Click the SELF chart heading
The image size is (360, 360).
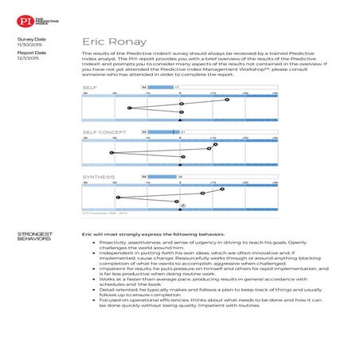point(90,87)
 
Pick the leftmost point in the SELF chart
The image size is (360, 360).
point(128,108)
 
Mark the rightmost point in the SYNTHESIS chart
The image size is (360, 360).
point(222,189)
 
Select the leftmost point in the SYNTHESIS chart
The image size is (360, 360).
point(118,197)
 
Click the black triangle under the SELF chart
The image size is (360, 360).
point(181,120)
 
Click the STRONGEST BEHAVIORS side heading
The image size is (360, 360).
point(34,237)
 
